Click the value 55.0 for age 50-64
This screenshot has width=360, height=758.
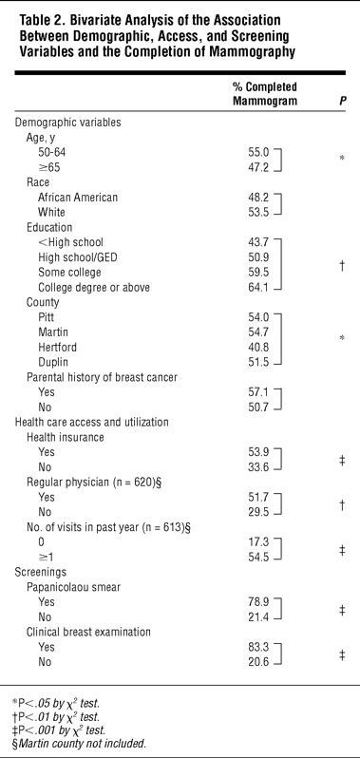[256, 153]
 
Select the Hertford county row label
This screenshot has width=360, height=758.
[57, 347]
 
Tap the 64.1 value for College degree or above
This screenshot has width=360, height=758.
[256, 287]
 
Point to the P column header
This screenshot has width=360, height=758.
[342, 101]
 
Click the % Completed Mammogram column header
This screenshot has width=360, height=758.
[265, 94]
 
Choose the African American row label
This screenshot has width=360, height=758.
[78, 198]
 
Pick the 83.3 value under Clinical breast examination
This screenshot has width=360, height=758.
[256, 647]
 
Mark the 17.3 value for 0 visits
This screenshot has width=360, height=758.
[256, 542]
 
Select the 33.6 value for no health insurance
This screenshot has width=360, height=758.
[256, 467]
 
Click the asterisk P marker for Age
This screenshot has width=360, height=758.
[342, 159]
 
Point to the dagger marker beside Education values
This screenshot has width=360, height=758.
[342, 265]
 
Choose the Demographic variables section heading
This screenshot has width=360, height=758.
[68, 123]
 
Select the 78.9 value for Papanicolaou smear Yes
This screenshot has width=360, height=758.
[256, 602]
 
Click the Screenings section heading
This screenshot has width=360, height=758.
[41, 572]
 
